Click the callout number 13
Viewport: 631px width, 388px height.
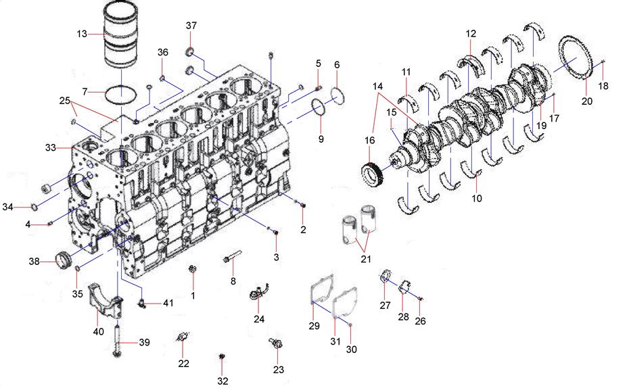pyautogui.click(x=82, y=34)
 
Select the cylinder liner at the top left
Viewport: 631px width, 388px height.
pyautogui.click(x=121, y=35)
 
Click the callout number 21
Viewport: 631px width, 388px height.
pyautogui.click(x=365, y=260)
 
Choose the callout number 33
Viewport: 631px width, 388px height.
pyautogui.click(x=50, y=148)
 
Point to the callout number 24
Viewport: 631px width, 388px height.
pyautogui.click(x=259, y=319)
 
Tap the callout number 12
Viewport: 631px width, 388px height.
pyautogui.click(x=471, y=34)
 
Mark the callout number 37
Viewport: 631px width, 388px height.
pyautogui.click(x=191, y=25)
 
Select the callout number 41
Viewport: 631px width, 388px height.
pyautogui.click(x=168, y=302)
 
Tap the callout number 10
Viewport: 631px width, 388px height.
pyautogui.click(x=477, y=198)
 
